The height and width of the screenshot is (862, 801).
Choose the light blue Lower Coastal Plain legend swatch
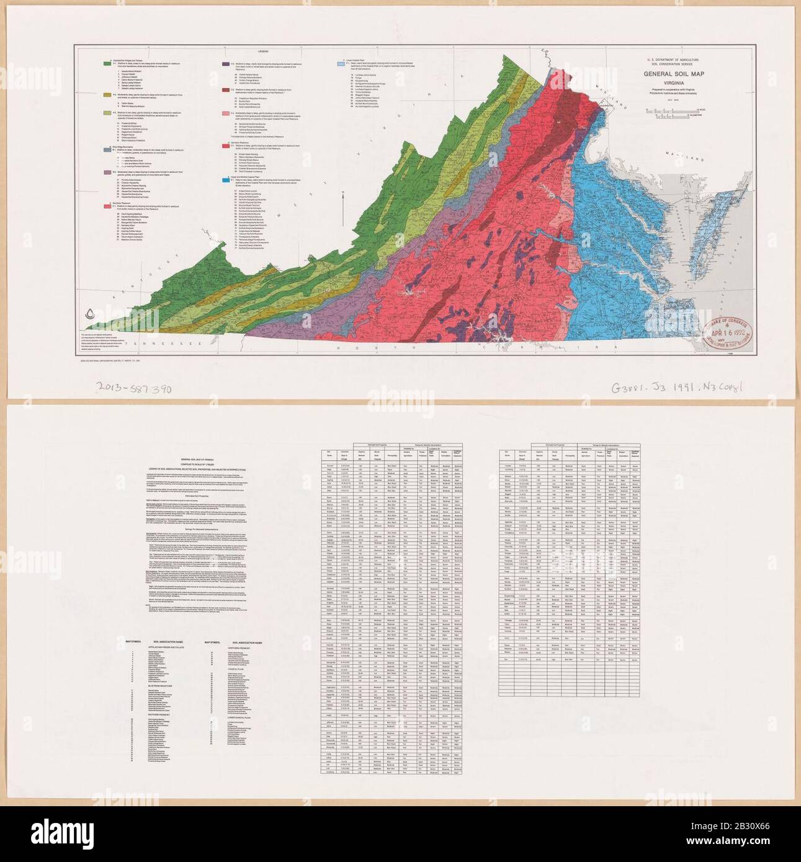click(x=341, y=64)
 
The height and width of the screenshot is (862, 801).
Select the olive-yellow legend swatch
click(x=105, y=94)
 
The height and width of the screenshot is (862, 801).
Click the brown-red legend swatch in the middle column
click(x=225, y=91)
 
